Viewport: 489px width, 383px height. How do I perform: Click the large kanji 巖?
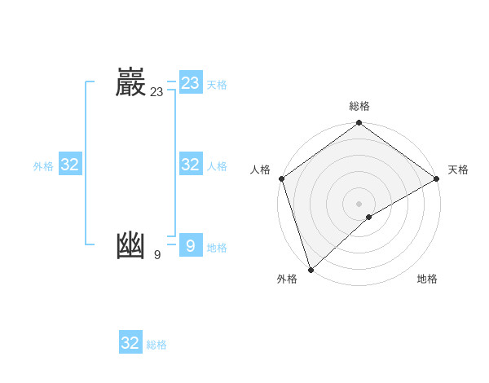130,83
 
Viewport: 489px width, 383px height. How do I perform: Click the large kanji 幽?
130,246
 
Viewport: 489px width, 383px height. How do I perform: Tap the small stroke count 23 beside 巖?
156,92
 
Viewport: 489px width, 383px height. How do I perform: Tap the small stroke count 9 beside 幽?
156,255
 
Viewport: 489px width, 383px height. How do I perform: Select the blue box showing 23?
191,83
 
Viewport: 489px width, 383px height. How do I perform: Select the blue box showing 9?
191,245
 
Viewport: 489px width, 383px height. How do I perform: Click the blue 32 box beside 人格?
191,165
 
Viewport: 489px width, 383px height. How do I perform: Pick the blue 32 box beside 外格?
70,165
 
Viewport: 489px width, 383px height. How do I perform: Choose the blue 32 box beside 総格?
130,343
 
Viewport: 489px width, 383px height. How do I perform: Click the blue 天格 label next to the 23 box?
217,85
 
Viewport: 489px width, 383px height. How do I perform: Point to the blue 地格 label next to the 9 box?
217,248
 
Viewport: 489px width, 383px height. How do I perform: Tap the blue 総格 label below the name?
156,345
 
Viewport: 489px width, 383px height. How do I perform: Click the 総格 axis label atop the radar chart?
359,106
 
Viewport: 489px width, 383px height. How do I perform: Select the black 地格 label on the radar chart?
427,279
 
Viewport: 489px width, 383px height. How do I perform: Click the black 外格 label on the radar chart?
287,279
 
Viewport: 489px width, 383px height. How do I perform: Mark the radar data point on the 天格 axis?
437,178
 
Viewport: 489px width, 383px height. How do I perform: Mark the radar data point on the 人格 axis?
281,178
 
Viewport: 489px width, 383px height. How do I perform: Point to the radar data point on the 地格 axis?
369,217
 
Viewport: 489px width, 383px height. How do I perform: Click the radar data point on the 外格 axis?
311,270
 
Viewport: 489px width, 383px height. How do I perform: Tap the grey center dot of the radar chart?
359,204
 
